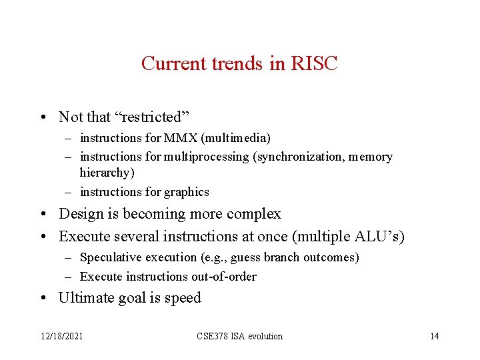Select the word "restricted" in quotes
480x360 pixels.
pos(153,117)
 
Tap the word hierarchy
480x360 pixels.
pos(105,173)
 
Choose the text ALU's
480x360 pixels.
pos(378,236)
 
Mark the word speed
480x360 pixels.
pos(183,298)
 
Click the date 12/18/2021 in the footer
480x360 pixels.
pos(61,336)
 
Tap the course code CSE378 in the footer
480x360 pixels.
pos(213,336)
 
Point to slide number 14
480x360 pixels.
pos(435,336)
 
